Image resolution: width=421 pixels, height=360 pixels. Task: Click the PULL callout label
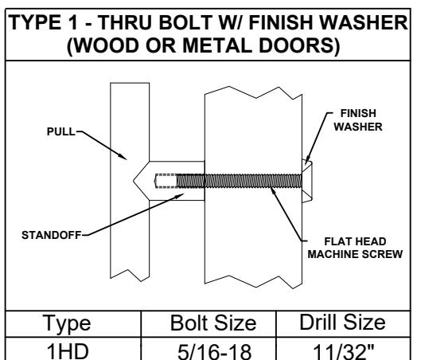(61, 131)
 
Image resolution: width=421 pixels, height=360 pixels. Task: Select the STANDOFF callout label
(51, 235)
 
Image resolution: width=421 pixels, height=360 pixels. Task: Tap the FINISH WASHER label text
(358, 120)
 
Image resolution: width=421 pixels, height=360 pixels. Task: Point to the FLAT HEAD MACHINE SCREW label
(355, 248)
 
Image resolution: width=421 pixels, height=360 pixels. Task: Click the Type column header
(67, 323)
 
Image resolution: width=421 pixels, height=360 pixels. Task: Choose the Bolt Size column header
(213, 323)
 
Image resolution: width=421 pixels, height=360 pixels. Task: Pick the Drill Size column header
(342, 322)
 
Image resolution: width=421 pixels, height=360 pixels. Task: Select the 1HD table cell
(68, 351)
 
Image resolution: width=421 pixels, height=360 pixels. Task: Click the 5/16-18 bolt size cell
(215, 351)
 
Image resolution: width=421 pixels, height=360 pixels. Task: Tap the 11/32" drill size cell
(343, 351)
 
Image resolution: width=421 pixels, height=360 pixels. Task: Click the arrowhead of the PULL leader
(123, 157)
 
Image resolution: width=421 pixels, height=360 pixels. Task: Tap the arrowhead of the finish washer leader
(308, 161)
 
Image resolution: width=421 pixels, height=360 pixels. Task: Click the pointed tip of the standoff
(134, 181)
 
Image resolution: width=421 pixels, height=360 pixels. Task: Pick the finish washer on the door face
(307, 181)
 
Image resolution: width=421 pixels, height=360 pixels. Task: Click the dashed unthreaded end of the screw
(166, 181)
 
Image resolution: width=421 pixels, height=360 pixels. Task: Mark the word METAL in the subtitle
(217, 45)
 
